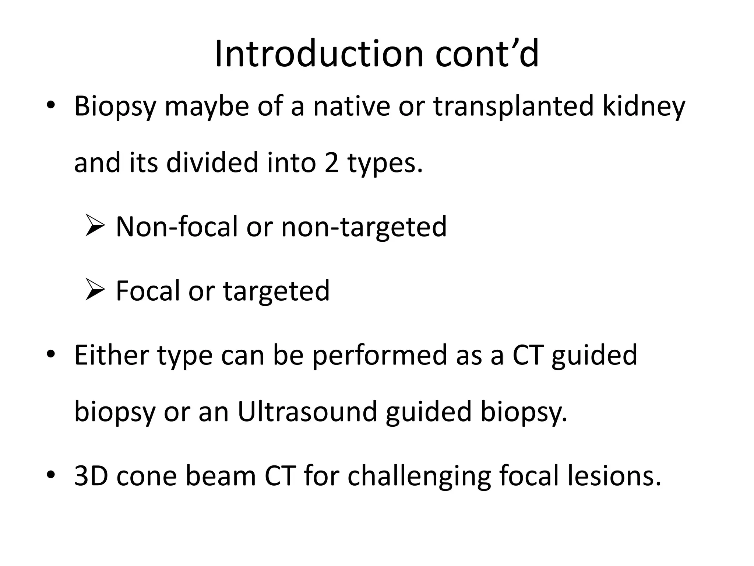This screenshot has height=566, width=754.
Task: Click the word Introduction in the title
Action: pyautogui.click(x=319, y=54)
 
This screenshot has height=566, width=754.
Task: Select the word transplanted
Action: pyautogui.click(x=513, y=106)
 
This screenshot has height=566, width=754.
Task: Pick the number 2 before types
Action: pyautogui.click(x=331, y=163)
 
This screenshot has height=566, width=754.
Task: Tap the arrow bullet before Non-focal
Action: pyautogui.click(x=95, y=226)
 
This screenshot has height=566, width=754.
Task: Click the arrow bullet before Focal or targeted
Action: pyautogui.click(x=95, y=290)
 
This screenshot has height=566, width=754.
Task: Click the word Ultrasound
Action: pyautogui.click(x=307, y=411)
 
